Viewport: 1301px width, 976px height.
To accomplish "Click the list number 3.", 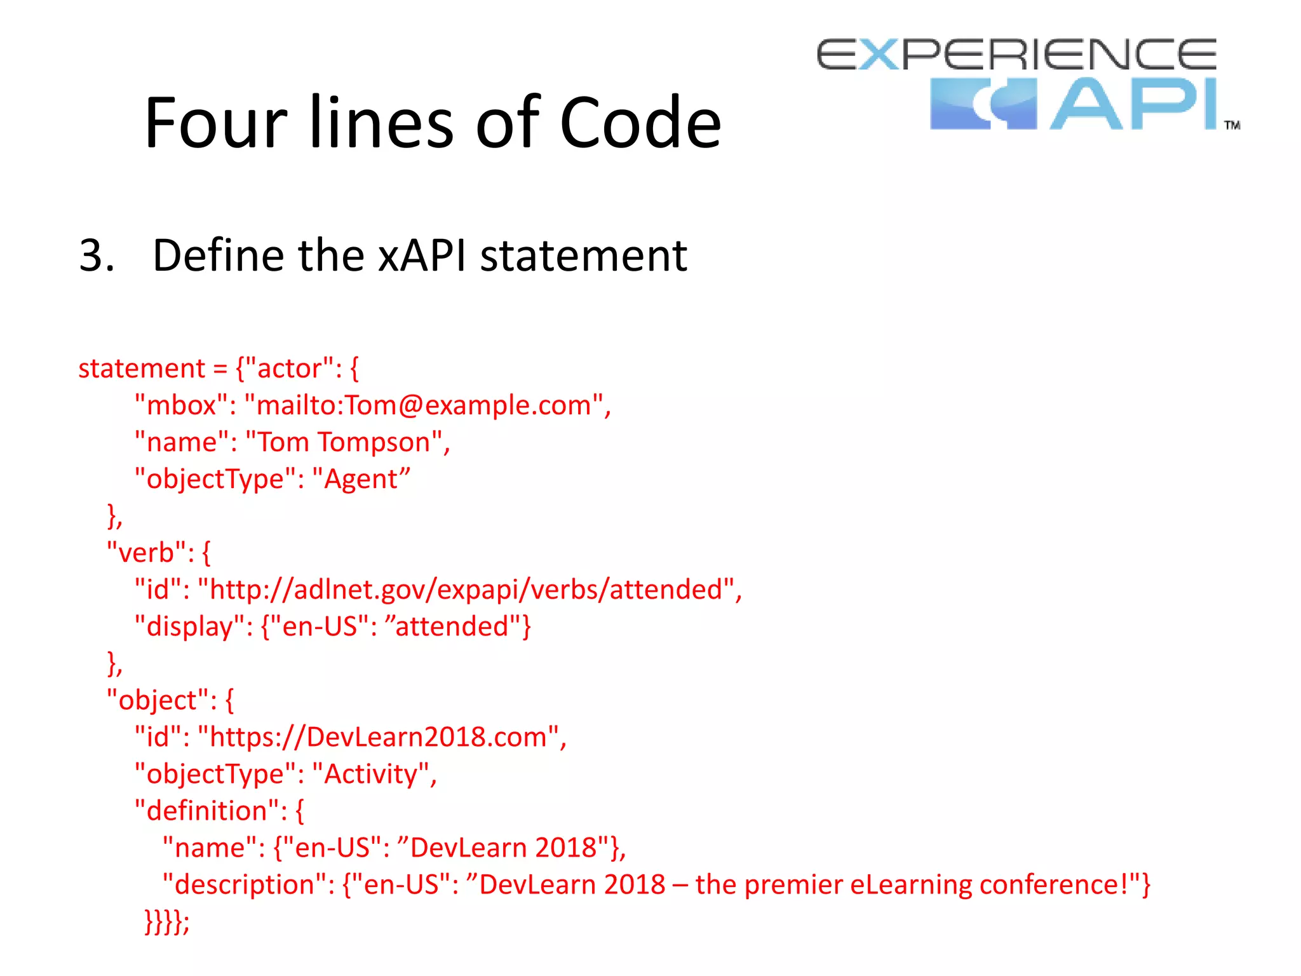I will [x=96, y=255].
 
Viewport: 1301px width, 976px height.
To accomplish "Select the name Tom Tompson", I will [x=343, y=442].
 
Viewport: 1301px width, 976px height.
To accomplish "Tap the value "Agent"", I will [x=361, y=479].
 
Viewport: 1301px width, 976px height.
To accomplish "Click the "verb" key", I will [x=147, y=553].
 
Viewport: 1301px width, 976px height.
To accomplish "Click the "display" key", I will [x=190, y=627].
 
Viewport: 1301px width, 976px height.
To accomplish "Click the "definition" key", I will [x=206, y=811].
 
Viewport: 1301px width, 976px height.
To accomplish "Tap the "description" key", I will [x=245, y=884].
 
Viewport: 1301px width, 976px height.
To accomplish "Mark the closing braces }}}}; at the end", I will [x=166, y=921].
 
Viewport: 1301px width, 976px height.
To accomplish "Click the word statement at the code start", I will [x=142, y=369].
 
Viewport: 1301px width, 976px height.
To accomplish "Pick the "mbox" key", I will [x=181, y=405].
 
